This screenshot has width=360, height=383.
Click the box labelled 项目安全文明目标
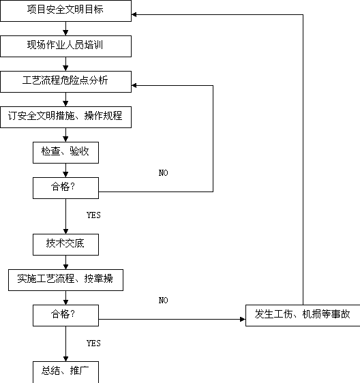click(x=65, y=11)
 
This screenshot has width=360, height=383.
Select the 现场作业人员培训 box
click(x=65, y=46)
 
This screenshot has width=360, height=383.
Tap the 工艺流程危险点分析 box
click(x=65, y=82)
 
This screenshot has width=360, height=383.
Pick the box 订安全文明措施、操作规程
click(x=65, y=117)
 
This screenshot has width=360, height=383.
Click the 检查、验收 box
click(x=65, y=153)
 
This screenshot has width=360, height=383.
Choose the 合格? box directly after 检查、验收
click(x=65, y=188)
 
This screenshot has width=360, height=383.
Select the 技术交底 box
click(x=65, y=245)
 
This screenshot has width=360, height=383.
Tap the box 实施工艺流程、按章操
click(x=65, y=280)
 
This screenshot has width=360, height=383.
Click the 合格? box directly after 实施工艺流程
click(x=65, y=316)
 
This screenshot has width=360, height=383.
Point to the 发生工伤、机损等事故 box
click(x=303, y=316)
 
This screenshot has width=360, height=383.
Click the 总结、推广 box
click(x=65, y=372)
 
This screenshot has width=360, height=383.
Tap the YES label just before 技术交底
click(x=93, y=215)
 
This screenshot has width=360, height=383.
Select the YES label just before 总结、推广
click(x=93, y=343)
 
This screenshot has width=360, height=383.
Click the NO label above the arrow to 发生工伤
click(x=163, y=300)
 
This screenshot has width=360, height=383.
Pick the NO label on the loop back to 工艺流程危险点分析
click(x=163, y=173)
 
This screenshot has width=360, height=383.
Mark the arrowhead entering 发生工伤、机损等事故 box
click(x=243, y=319)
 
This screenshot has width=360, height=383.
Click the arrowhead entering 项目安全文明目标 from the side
click(x=134, y=15)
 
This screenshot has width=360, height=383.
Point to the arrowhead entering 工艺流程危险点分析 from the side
click(x=134, y=85)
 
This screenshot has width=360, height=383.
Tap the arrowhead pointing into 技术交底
click(x=65, y=232)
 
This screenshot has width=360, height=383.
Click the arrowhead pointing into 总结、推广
click(x=65, y=359)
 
